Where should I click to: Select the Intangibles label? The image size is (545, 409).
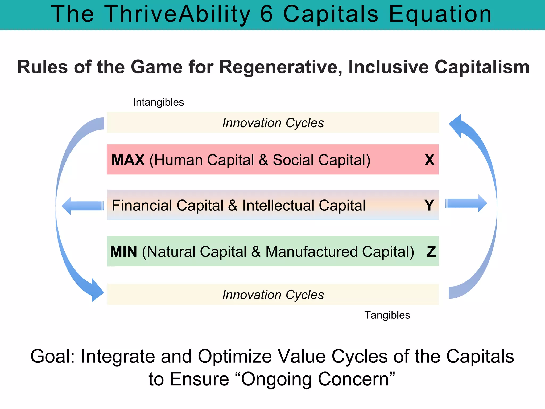pos(158,102)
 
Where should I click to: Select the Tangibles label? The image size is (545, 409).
pos(387,315)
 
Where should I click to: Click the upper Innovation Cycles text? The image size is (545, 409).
pos(273,123)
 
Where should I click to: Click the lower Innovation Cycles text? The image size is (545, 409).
pos(273,295)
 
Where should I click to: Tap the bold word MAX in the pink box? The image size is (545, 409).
pos(128,160)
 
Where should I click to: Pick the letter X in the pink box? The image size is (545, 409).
pos(429,160)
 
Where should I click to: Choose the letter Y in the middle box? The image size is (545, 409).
pos(429,205)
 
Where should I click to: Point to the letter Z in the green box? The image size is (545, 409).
pos(431,252)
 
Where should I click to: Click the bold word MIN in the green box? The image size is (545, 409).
pos(124,252)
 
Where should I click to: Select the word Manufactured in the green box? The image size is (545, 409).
pos(311,252)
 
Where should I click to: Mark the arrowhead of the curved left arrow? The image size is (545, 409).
pos(96,291)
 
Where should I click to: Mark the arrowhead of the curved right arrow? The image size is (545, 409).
pos(456,125)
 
